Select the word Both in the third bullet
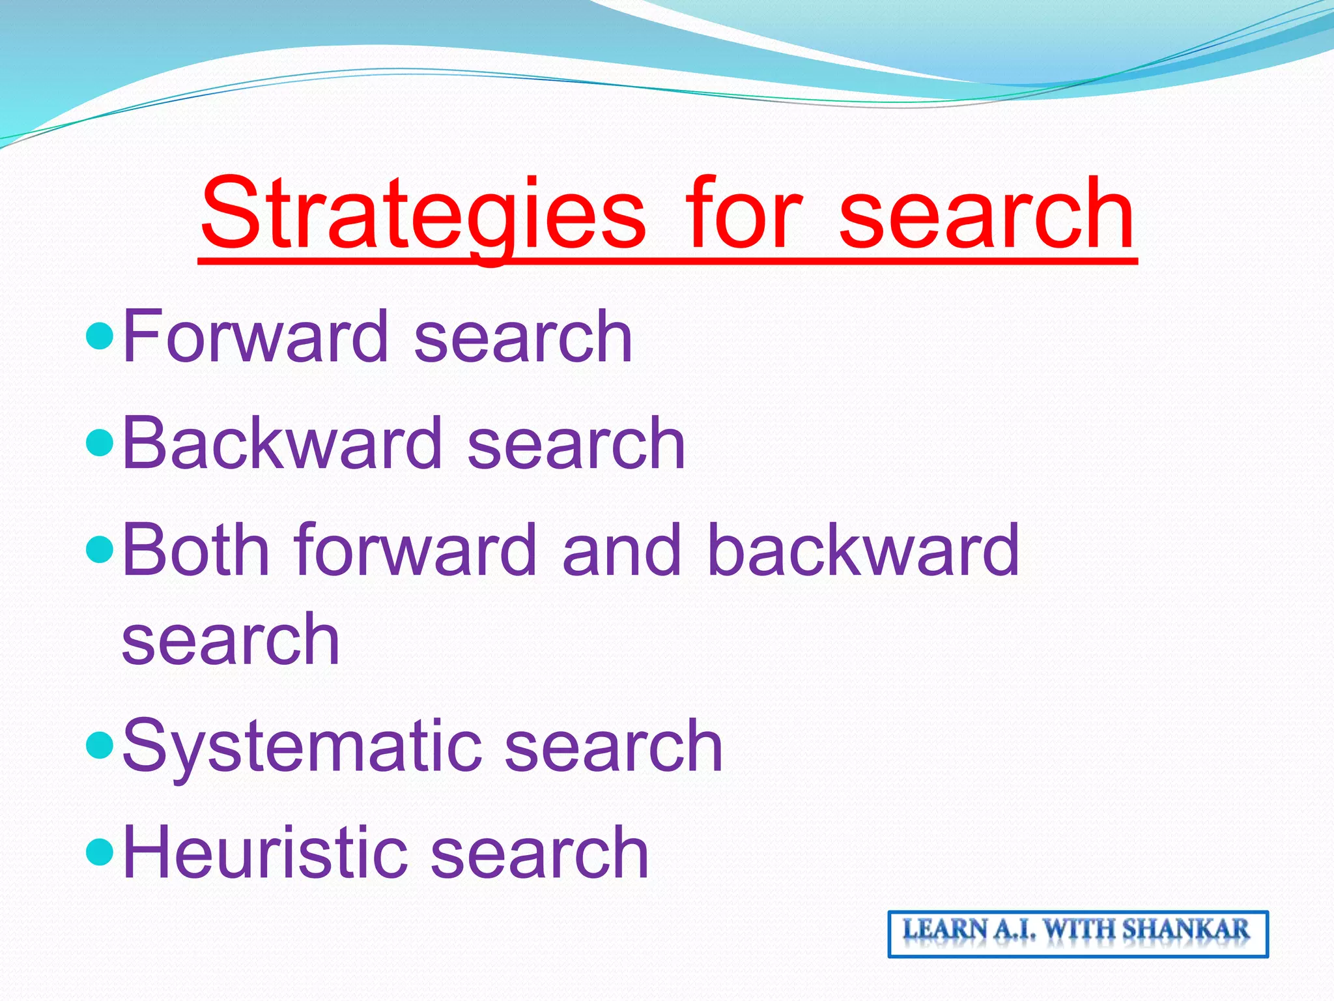pyautogui.click(x=195, y=551)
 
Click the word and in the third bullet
pyautogui.click(x=621, y=551)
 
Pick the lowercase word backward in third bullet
pyautogui.click(x=862, y=551)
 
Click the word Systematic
pyautogui.click(x=302, y=747)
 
